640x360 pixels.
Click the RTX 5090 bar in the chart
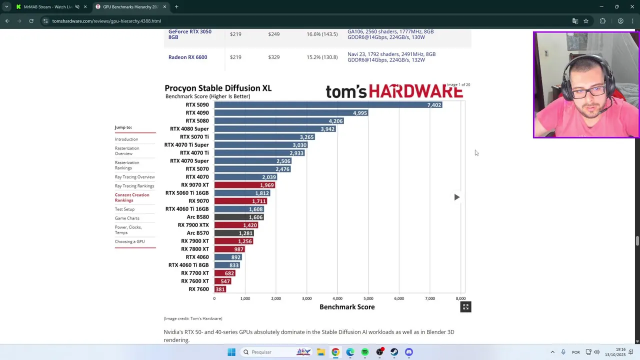point(327,105)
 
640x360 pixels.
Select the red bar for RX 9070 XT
point(244,185)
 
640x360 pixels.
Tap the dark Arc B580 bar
point(238,217)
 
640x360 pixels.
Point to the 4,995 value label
point(359,113)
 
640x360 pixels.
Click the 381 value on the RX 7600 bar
point(220,289)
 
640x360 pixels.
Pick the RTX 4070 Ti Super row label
point(186,145)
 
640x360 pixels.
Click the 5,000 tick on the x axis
point(368,298)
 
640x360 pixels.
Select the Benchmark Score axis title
point(347,307)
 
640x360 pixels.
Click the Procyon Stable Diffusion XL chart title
point(218,88)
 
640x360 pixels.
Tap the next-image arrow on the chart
point(456,197)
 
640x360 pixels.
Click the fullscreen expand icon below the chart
point(465,307)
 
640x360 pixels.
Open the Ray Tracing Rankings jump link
point(134,186)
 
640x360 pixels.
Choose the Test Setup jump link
point(124,209)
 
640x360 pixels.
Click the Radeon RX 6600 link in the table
point(187,57)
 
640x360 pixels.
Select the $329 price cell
point(273,57)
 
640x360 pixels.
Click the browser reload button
point(31,21)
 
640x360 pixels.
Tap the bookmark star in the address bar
point(586,21)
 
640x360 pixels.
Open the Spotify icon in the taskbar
point(365,352)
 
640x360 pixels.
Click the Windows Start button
point(231,352)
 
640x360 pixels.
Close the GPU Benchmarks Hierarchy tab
point(164,7)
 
